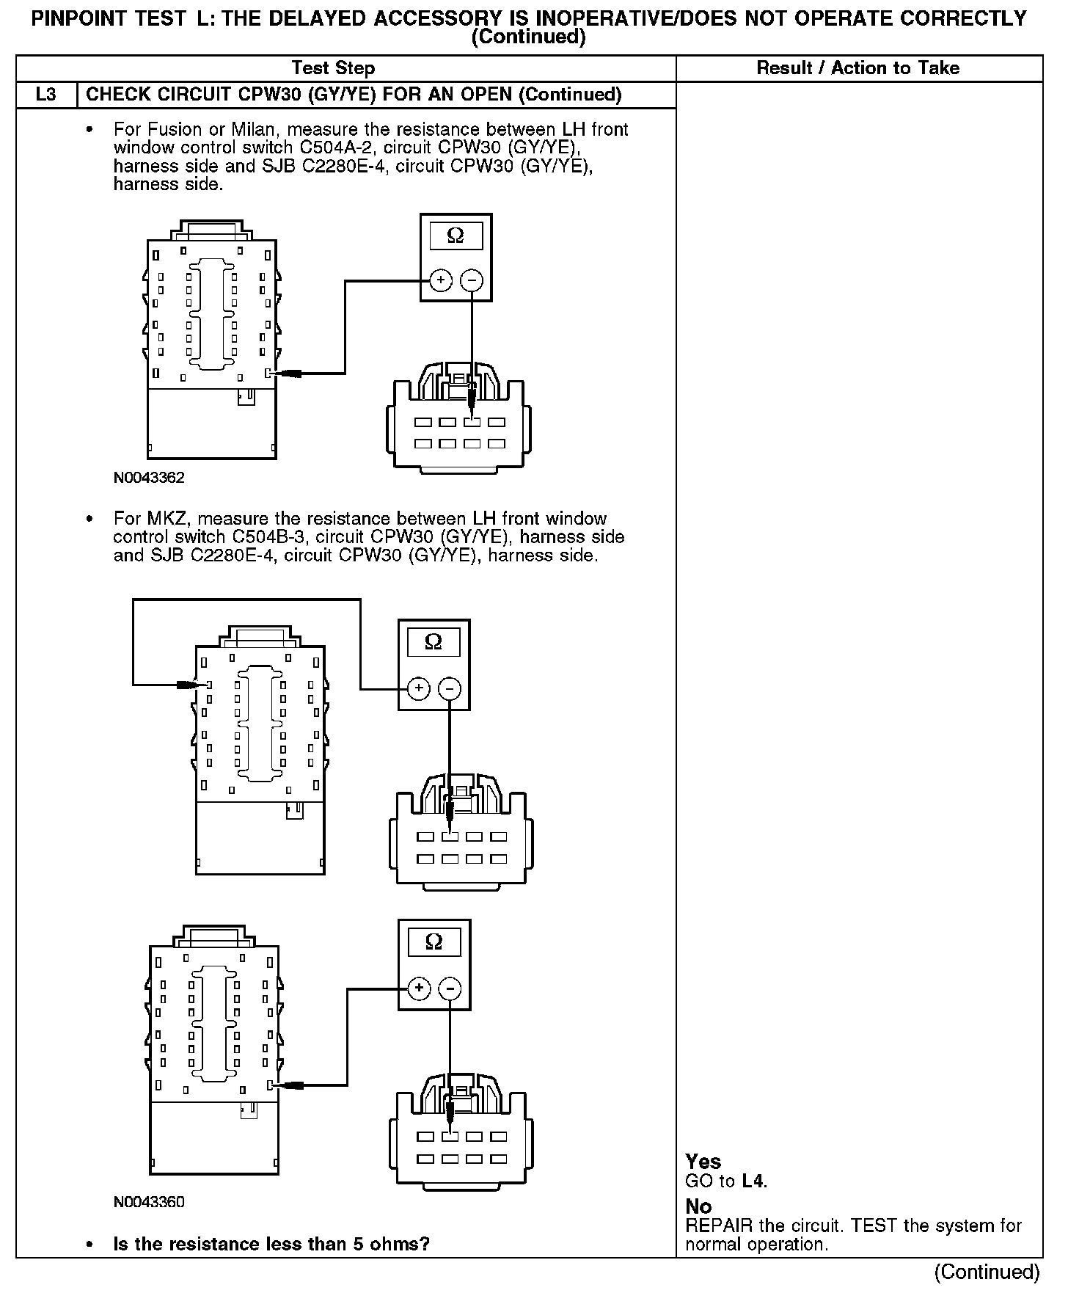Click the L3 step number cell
pyautogui.click(x=45, y=95)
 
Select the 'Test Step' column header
pyautogui.click(x=333, y=68)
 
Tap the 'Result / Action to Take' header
pyautogui.click(x=857, y=68)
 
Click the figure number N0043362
pyautogui.click(x=149, y=478)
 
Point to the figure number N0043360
pyautogui.click(x=149, y=1202)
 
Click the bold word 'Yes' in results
pyautogui.click(x=703, y=1162)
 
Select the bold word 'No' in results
pyautogui.click(x=698, y=1206)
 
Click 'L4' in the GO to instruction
pyautogui.click(x=753, y=1181)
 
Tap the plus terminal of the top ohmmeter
pyautogui.click(x=440, y=280)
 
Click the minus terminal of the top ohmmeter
pyautogui.click(x=472, y=280)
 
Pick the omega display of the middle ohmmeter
pyautogui.click(x=434, y=642)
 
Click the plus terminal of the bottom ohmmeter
pyautogui.click(x=419, y=988)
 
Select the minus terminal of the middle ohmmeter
pyautogui.click(x=450, y=688)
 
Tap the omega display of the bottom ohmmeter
pyautogui.click(x=434, y=941)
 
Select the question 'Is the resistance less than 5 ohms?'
pyautogui.click(x=271, y=1244)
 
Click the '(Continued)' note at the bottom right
pyautogui.click(x=987, y=1272)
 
